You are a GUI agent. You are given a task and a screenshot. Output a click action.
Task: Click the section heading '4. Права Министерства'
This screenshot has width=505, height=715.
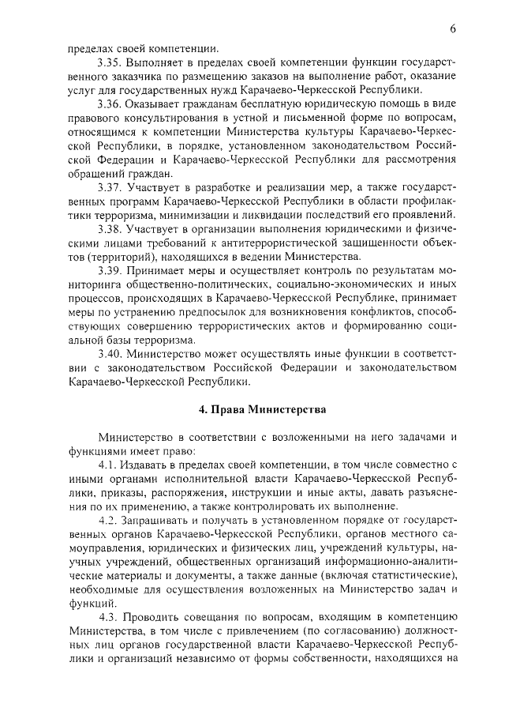(x=252, y=410)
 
